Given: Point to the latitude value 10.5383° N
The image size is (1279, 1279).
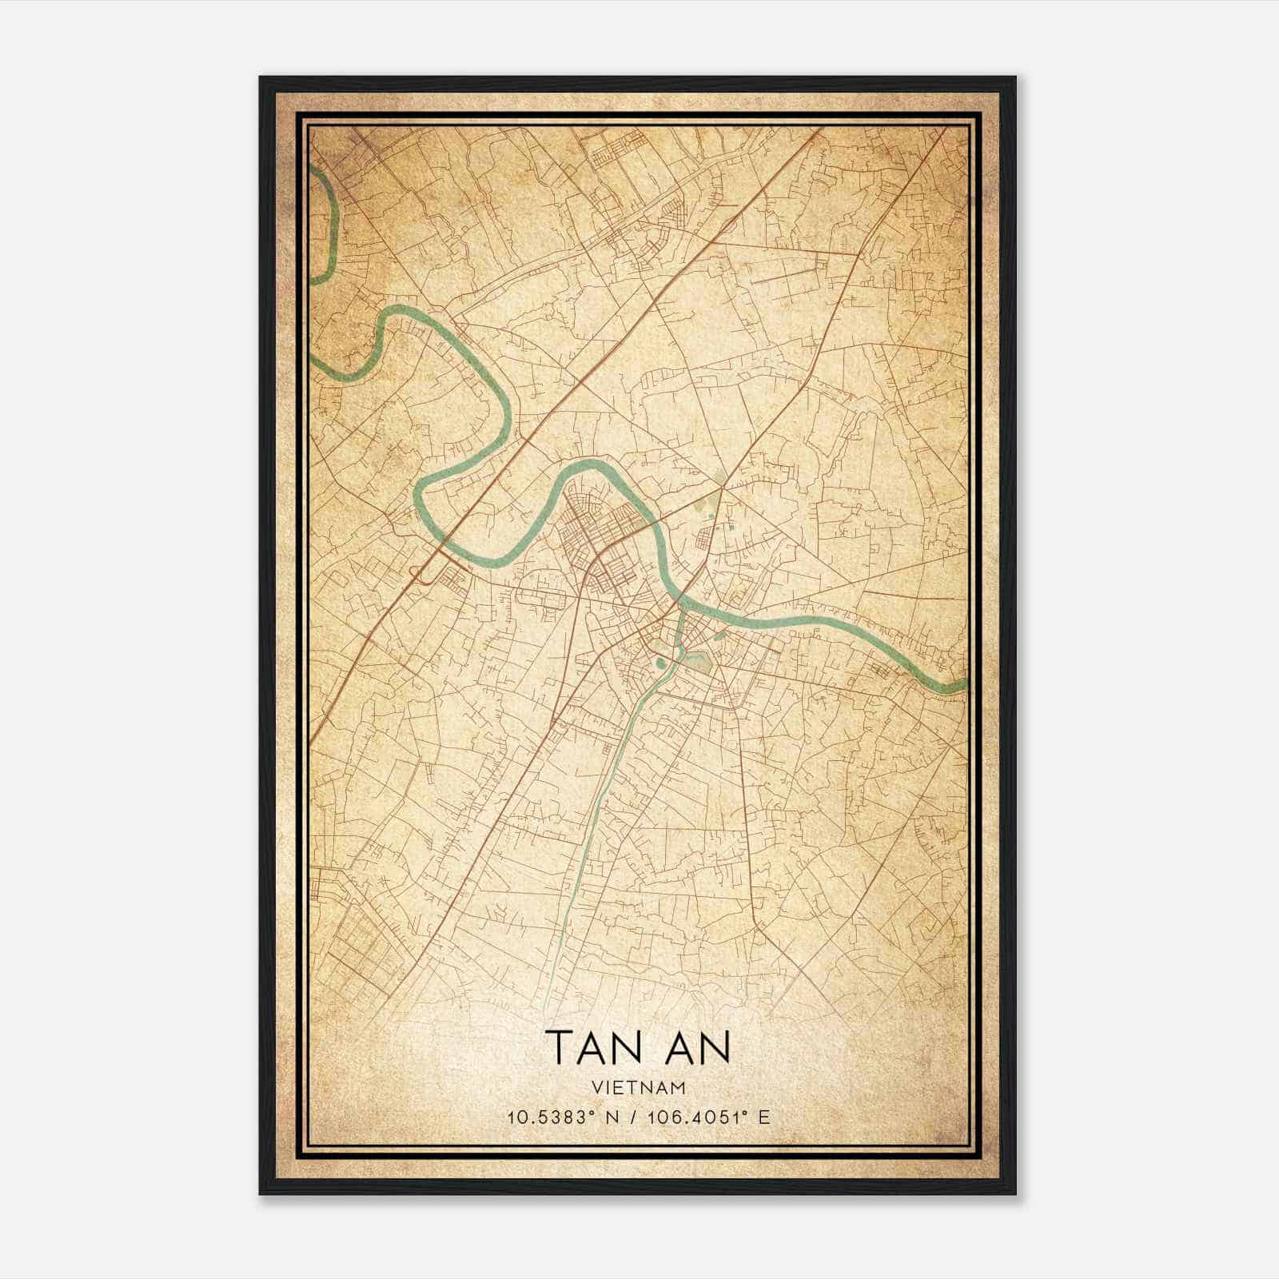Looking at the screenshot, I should coord(559,1118).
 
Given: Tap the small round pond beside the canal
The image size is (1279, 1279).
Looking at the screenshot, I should coord(660,661).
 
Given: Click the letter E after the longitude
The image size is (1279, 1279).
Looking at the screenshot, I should coord(765,1118).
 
